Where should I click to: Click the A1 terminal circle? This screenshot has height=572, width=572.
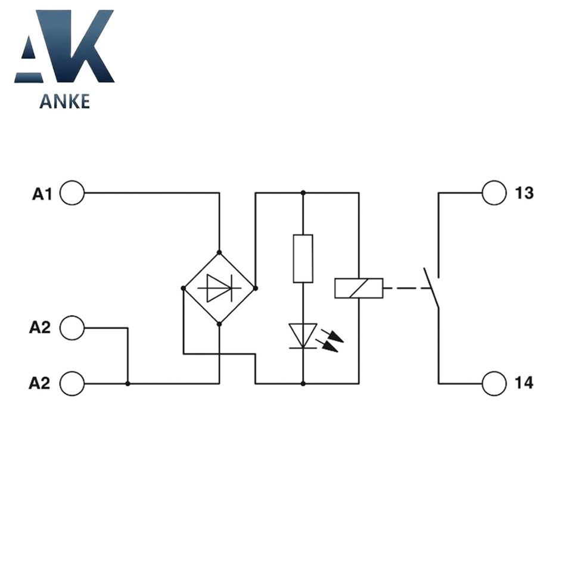[x=72, y=193]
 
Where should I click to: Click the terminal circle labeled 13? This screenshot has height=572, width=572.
[x=494, y=193]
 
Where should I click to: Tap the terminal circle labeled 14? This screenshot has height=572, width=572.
[x=494, y=383]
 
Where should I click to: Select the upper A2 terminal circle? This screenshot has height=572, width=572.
[x=72, y=328]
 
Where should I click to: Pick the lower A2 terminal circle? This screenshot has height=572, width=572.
[x=72, y=383]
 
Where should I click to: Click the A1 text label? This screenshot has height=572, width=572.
[x=42, y=194]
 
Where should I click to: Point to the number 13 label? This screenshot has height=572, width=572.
[x=525, y=194]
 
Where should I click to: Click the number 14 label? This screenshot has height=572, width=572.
[x=525, y=383]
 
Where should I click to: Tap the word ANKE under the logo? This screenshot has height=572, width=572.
[x=64, y=102]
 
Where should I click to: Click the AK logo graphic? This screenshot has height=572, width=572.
[x=64, y=46]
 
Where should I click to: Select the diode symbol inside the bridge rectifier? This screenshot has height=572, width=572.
[x=219, y=288]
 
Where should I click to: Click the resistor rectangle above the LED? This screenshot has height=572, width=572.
[x=303, y=259]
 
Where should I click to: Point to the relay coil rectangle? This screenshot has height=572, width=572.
[x=359, y=288]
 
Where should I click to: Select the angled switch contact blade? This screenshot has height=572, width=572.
[x=431, y=288]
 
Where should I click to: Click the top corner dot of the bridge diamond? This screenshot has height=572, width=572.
[x=219, y=253]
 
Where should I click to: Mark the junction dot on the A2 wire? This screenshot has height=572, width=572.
[x=128, y=384]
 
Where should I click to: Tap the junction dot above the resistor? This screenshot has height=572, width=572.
[x=303, y=193]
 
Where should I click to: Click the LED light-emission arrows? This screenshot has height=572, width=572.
[x=331, y=340]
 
